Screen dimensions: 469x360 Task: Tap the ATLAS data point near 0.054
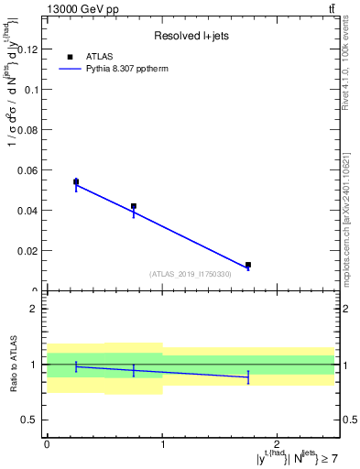click(x=76, y=181)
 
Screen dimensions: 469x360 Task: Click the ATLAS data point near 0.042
click(x=134, y=206)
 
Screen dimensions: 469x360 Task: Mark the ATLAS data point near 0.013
click(x=248, y=265)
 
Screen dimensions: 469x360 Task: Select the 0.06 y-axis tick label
click(x=27, y=170)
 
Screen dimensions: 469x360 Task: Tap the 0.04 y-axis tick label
click(x=27, y=211)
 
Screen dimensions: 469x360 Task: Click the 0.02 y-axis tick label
click(x=27, y=251)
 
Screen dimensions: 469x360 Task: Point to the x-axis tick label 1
click(x=162, y=443)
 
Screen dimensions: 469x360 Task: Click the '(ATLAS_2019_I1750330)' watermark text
click(x=191, y=274)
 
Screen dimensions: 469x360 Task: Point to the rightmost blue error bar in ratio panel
click(x=248, y=376)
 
